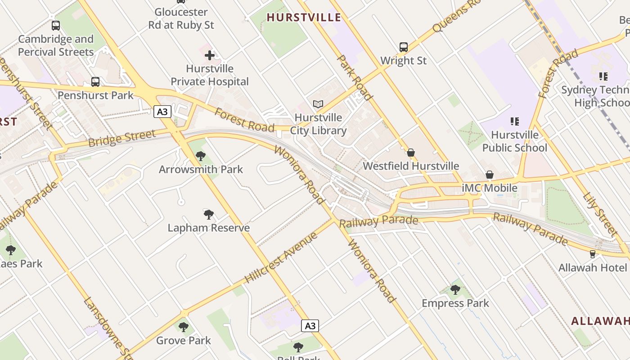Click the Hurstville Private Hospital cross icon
(210, 56)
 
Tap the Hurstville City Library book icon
(318, 104)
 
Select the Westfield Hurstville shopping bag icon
(410, 153)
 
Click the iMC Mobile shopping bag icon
(490, 175)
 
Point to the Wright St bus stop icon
(403, 47)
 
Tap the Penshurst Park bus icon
(95, 82)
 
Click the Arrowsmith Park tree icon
(201, 156)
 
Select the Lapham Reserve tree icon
(208, 214)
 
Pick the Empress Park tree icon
(455, 289)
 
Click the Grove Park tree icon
(183, 327)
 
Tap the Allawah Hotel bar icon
(592, 254)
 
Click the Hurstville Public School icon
(514, 121)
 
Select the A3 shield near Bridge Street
(162, 111)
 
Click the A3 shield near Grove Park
(310, 326)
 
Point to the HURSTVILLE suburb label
(304, 18)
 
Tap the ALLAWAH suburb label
(599, 321)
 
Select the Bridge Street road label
(122, 138)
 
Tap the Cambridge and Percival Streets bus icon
(56, 26)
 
